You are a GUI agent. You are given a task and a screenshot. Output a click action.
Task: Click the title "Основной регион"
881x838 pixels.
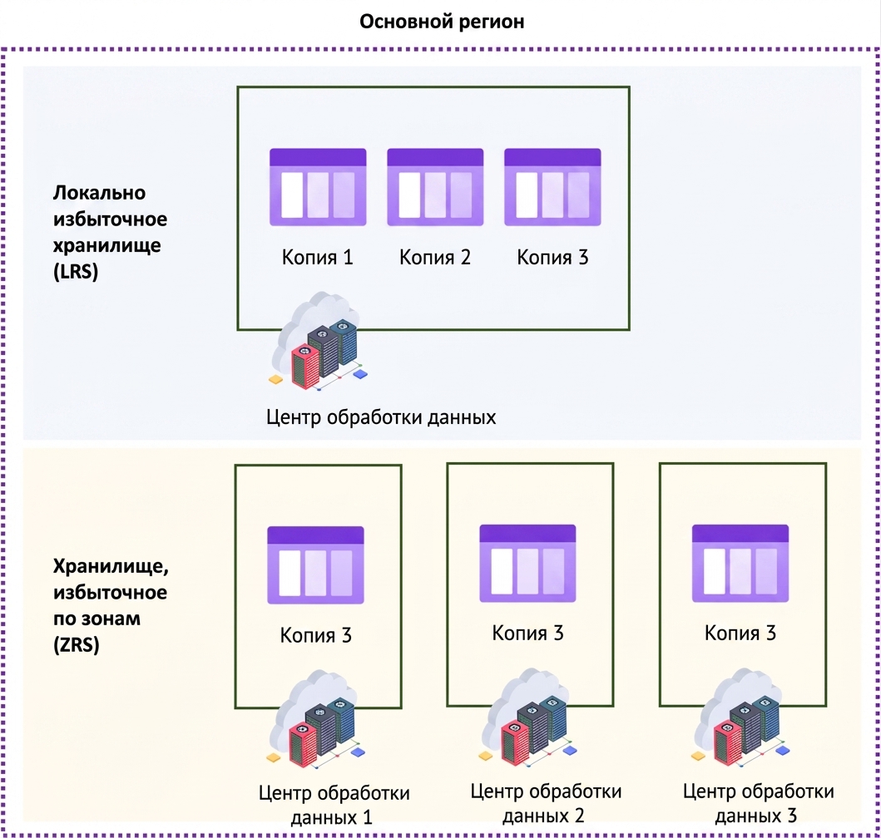(442, 22)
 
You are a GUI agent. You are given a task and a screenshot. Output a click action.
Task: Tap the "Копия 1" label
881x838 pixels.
(318, 257)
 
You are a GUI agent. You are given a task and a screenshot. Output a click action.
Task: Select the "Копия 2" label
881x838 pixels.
(435, 257)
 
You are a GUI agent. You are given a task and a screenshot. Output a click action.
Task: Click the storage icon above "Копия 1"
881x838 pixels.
(318, 187)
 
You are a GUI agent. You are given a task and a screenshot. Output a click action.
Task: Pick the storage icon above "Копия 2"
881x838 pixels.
(435, 187)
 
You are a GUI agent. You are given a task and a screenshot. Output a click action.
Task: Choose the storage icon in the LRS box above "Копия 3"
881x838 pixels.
(553, 187)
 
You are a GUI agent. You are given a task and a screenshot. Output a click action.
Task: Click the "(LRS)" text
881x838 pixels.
(76, 271)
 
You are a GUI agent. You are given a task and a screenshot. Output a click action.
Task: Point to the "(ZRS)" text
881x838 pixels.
(77, 644)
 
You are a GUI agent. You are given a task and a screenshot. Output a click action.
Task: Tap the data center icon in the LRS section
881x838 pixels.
(319, 341)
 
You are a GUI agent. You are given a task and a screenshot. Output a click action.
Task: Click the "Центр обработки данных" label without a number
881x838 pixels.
(381, 417)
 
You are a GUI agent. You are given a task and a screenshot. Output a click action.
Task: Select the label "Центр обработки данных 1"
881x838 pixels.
(334, 804)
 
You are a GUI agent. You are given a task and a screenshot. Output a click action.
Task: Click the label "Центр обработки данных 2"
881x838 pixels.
(546, 803)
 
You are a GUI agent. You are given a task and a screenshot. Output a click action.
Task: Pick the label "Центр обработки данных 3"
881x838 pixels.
(759, 803)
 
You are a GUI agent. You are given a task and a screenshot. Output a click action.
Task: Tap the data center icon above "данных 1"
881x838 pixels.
(316, 719)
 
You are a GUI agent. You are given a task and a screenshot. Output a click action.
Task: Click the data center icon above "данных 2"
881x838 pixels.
(529, 717)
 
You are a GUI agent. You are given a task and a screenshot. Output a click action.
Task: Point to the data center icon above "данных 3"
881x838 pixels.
(741, 717)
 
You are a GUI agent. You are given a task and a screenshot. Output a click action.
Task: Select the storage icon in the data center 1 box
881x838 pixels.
(316, 565)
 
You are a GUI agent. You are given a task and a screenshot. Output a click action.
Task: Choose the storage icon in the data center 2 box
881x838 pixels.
(527, 564)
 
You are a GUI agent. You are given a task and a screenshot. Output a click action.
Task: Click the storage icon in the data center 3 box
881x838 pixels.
(740, 564)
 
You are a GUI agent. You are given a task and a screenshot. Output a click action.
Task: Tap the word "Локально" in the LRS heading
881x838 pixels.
(100, 193)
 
